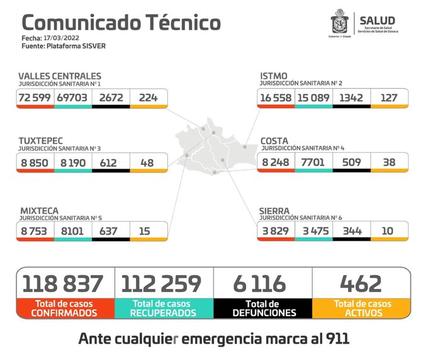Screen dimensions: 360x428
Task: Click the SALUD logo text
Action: coord(377,21)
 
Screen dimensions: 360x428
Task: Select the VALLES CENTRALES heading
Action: coord(59,76)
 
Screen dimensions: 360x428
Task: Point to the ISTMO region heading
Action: coord(274,76)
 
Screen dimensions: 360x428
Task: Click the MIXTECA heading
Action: coord(38,211)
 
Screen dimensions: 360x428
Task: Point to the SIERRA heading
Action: coord(274,211)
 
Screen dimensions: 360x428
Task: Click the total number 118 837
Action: coord(63,283)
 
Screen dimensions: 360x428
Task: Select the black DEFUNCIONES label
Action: coord(263,312)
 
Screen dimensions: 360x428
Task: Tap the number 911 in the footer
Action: coord(334,339)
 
